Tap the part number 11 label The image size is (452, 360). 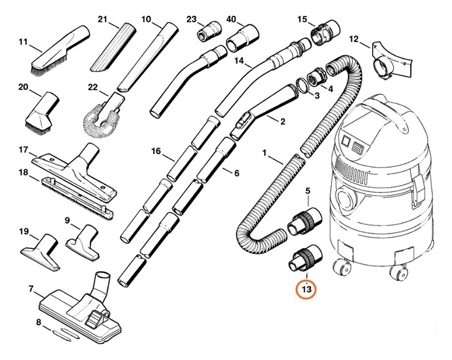click(x=24, y=42)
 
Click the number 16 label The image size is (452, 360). click(x=156, y=151)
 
